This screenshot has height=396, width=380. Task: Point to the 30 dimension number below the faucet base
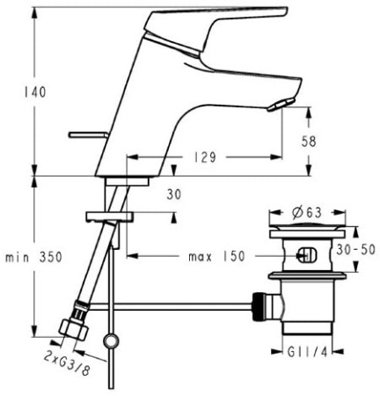[x=173, y=195]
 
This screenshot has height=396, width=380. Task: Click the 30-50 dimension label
[x=357, y=249]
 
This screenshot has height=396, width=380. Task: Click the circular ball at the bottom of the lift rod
[x=110, y=341]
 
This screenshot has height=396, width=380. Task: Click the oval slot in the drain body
[x=303, y=257]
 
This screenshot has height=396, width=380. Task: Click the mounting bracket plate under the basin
[x=107, y=215]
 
